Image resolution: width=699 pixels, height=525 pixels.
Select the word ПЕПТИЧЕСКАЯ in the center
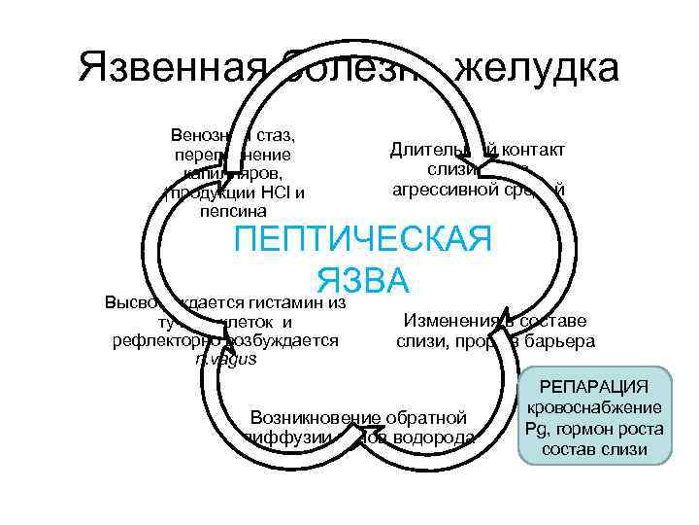364,240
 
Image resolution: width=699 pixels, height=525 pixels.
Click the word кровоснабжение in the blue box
595,408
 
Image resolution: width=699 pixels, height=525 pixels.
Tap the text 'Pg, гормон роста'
595,429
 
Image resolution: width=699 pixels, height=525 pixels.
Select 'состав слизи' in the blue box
595,450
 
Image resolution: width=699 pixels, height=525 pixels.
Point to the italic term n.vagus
226,359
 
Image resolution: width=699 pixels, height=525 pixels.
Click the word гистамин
288,301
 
